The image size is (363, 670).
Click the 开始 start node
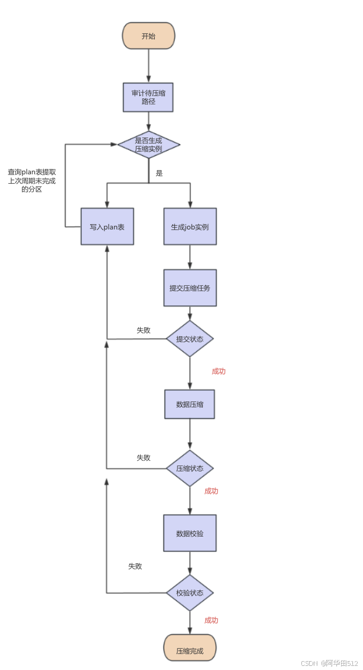pos(148,36)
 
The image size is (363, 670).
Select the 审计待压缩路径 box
pos(148,97)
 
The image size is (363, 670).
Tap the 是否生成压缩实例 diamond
pos(148,144)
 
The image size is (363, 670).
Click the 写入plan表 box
pos(107,226)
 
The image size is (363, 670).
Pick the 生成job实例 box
pos(190,226)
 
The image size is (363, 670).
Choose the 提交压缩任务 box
pos(190,288)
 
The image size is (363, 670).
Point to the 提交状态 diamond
pos(190,339)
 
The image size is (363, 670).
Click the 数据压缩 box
pos(190,404)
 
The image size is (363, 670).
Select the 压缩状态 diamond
pos(190,468)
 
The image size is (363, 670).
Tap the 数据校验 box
pos(190,533)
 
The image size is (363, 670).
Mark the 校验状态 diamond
pos(190,593)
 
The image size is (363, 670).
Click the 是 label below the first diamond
pos(159,174)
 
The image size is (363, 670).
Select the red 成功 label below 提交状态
pos(219,372)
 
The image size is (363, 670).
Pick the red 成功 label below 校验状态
pos(211,620)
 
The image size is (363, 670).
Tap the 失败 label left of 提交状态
pos(144,330)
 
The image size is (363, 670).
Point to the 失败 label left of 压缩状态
pos(144,458)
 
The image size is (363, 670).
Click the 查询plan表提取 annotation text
pos(32,172)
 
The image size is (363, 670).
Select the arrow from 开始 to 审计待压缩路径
pos(148,66)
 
